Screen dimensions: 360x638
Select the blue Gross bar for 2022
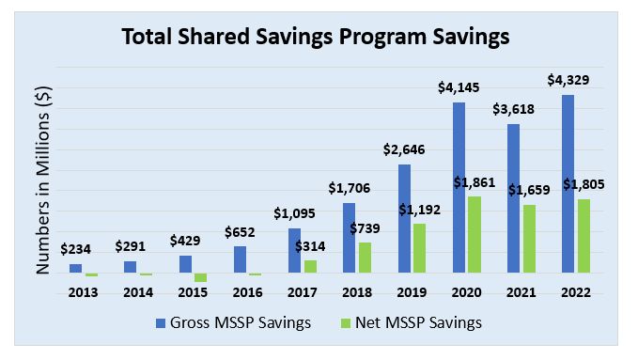point(567,183)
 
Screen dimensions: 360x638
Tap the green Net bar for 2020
point(475,234)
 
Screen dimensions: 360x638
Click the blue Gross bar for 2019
point(404,218)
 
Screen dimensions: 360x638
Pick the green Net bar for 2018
point(365,257)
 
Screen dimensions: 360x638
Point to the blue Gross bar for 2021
point(513,197)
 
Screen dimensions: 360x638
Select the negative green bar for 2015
point(200,277)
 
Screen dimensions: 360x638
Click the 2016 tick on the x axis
point(246,292)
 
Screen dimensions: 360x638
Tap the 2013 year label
point(83,292)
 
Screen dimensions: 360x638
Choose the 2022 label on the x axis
point(573,292)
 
